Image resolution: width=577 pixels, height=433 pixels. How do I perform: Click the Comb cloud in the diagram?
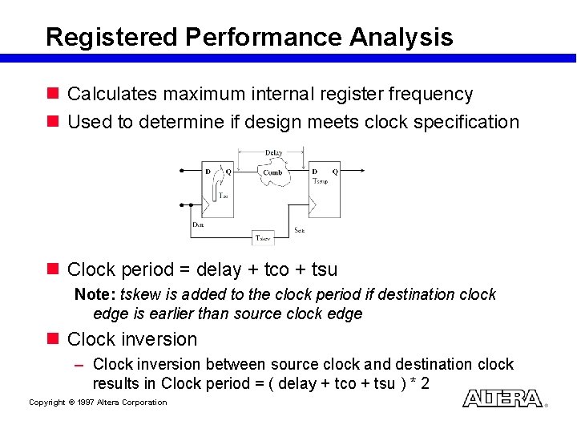273,173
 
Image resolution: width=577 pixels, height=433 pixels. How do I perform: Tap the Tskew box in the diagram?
264,237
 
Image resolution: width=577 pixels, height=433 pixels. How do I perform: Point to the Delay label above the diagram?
273,152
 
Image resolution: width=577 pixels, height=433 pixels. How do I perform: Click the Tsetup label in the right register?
321,181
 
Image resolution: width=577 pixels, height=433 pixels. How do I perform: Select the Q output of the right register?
335,171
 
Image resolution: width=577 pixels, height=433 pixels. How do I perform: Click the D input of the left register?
208,171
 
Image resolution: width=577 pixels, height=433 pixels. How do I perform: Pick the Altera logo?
502,399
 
